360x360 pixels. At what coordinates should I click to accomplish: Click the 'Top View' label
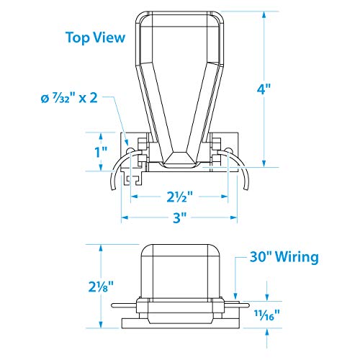click(96, 37)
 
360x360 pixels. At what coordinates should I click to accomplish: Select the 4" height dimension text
click(264, 89)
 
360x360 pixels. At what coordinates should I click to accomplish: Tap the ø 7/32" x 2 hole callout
click(69, 98)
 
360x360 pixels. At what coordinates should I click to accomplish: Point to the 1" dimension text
click(101, 152)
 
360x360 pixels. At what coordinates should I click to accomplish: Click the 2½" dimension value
click(180, 197)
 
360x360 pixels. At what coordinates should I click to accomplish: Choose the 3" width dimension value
click(180, 217)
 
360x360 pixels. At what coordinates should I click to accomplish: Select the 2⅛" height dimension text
click(101, 287)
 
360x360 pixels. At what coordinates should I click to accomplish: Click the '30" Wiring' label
click(284, 257)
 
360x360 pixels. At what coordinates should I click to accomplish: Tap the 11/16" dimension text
click(267, 315)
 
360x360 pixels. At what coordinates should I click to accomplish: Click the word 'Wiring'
click(297, 257)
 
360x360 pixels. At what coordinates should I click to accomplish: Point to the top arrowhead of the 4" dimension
click(264, 15)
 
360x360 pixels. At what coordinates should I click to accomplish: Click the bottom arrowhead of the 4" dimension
click(264, 163)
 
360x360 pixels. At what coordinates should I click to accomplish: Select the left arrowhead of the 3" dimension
click(125, 217)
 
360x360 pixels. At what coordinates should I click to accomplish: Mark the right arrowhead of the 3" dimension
click(234, 217)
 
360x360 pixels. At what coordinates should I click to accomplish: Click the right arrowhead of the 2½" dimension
click(225, 197)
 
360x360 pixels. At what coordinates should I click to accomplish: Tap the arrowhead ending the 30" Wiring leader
click(235, 297)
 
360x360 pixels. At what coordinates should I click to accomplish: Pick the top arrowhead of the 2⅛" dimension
click(101, 248)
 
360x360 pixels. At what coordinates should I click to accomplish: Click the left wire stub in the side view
click(124, 305)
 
